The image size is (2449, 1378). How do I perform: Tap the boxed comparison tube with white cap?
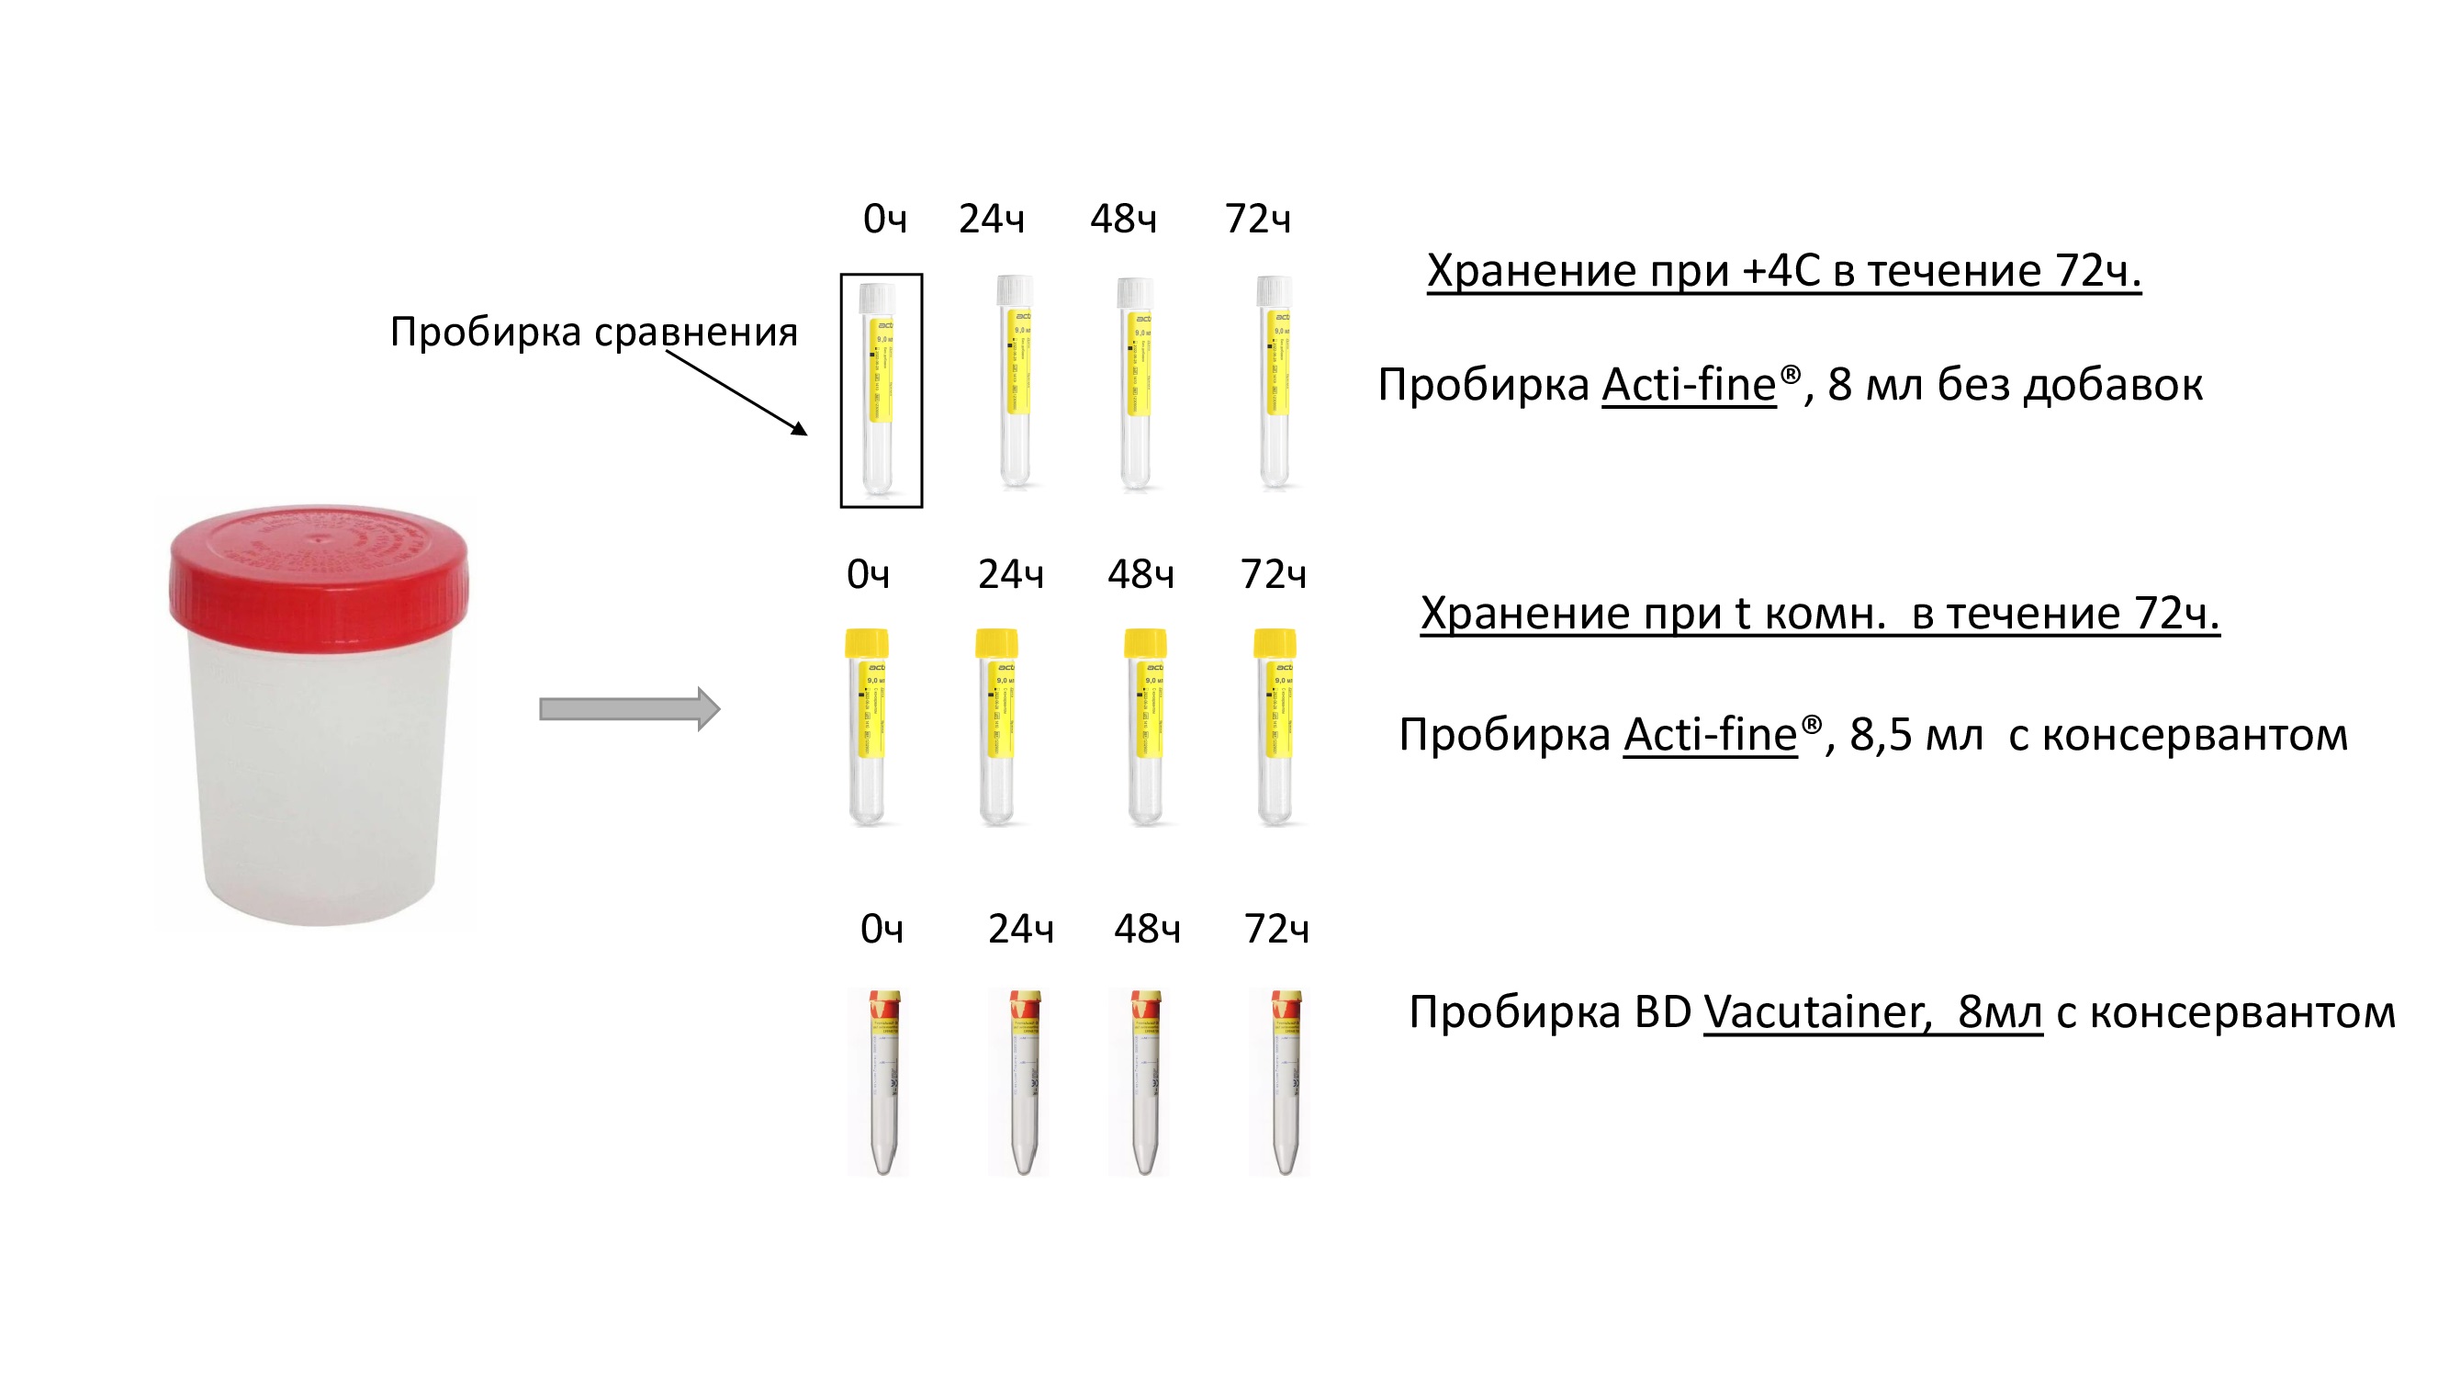point(880,390)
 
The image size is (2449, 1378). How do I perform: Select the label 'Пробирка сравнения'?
point(593,332)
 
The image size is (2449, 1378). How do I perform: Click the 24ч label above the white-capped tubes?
point(991,220)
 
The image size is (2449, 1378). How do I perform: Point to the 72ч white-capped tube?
point(1275,380)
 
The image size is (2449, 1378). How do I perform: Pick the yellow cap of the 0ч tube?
point(866,643)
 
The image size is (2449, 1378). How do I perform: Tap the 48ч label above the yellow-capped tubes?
point(1140,574)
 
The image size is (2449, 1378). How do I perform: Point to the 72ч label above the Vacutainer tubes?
point(1275,929)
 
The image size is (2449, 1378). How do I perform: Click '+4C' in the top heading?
point(1780,271)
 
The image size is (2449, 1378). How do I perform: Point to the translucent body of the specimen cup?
point(319,780)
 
